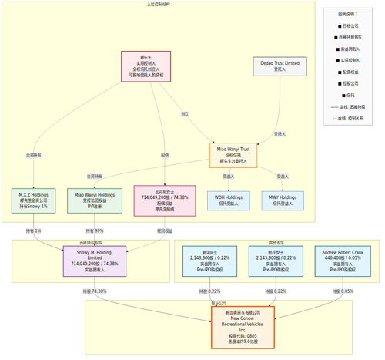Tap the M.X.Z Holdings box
click(x=34, y=200)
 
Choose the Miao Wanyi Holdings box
click(x=95, y=200)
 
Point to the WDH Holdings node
click(x=228, y=200)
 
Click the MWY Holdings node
click(x=283, y=200)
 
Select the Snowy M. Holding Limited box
click(x=95, y=261)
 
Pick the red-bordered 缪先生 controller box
click(x=146, y=66)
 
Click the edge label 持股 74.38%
click(x=94, y=291)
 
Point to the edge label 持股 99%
click(x=94, y=230)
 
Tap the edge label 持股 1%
click(x=34, y=230)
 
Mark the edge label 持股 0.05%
click(x=343, y=291)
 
